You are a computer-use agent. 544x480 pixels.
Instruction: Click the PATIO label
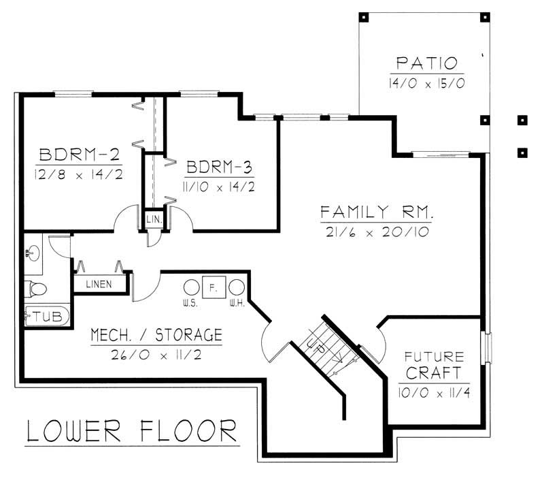426,64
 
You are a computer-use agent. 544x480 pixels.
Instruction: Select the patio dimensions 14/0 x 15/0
426,84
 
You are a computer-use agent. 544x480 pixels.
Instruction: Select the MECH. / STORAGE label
156,335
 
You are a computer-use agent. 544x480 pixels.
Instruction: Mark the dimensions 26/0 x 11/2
156,355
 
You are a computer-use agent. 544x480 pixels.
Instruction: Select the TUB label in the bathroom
48,316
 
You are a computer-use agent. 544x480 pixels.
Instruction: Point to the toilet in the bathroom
35,289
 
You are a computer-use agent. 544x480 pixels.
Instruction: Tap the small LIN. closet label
152,219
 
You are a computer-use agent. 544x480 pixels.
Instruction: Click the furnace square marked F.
213,288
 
